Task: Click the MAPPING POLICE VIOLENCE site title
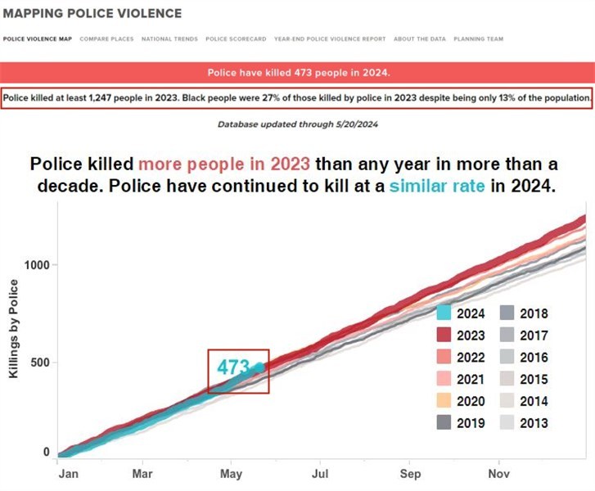pos(92,14)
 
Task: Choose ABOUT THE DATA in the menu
pos(415,39)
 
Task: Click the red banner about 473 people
pos(297,72)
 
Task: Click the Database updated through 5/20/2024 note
pos(297,124)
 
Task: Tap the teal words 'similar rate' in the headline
pos(436,186)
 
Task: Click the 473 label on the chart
pos(232,367)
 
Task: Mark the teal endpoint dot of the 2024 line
pos(259,367)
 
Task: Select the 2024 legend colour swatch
pos(444,313)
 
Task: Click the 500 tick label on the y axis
pos(39,363)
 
